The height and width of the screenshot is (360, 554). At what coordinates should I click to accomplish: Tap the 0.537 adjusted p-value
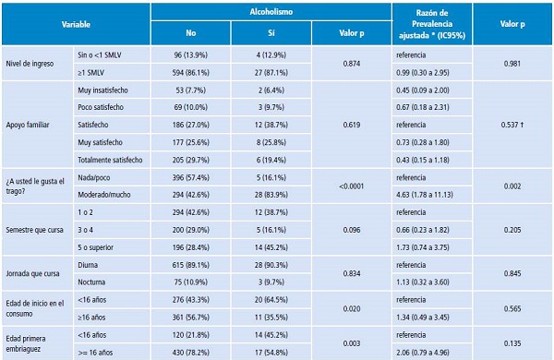click(512, 125)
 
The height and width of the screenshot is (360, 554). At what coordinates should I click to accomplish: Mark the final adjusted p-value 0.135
click(512, 343)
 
